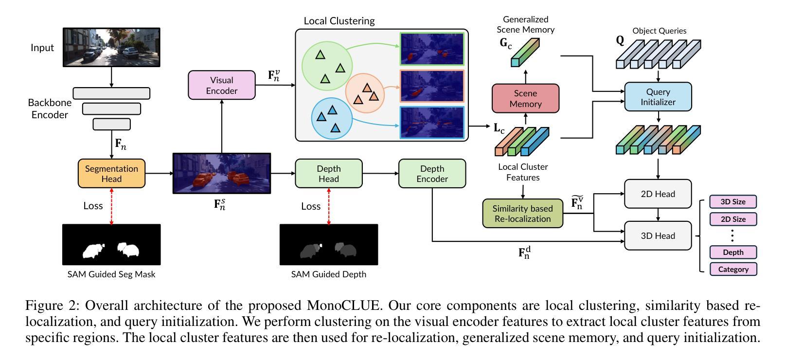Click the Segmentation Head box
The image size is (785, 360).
click(x=111, y=173)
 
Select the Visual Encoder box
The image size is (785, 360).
click(x=221, y=85)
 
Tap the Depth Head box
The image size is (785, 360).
click(x=328, y=173)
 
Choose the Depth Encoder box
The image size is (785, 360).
click(x=432, y=173)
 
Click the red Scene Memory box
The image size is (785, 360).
click(x=525, y=98)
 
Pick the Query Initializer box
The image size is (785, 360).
click(x=658, y=97)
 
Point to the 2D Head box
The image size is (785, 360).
click(x=658, y=194)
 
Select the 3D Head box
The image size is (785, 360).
click(x=658, y=235)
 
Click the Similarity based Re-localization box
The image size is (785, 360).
click(x=522, y=214)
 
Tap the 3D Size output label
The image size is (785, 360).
click(x=733, y=201)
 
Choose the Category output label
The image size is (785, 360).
click(x=733, y=269)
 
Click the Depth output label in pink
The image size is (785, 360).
click(x=733, y=252)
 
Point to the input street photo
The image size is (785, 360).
click(x=111, y=47)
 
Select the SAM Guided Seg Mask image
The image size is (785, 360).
click(x=111, y=245)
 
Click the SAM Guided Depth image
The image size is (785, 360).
click(x=328, y=245)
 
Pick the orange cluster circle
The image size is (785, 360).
click(x=365, y=93)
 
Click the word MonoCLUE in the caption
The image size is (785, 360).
click(x=342, y=306)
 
